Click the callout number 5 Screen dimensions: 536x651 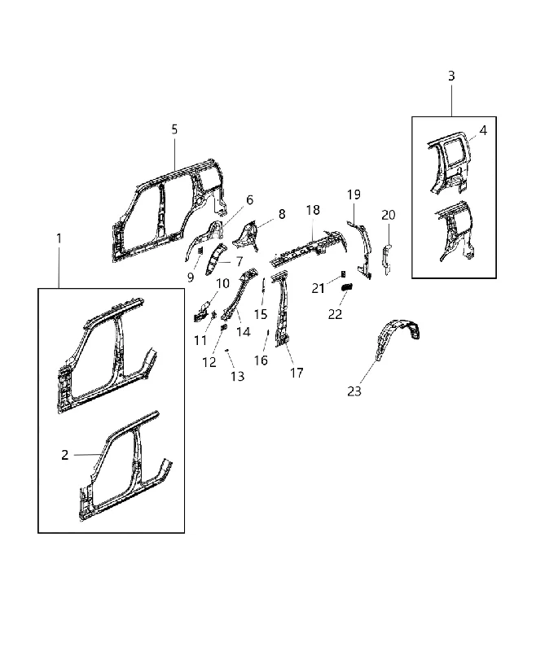coord(174,129)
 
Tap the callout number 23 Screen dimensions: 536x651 coord(354,391)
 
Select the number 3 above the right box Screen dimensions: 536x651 coord(451,76)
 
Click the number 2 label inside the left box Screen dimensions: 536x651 coord(65,455)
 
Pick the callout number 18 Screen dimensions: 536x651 coord(313,210)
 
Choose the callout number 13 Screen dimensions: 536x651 coord(238,376)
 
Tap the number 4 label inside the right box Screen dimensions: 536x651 coord(483,130)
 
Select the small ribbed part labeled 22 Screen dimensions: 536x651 coord(347,286)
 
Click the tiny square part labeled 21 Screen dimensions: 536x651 coord(343,274)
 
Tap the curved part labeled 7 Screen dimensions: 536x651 coord(215,260)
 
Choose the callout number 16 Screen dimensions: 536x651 coord(261,360)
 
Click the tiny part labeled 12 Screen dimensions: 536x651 coord(223,327)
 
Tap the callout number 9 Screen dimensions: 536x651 coord(191,277)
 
